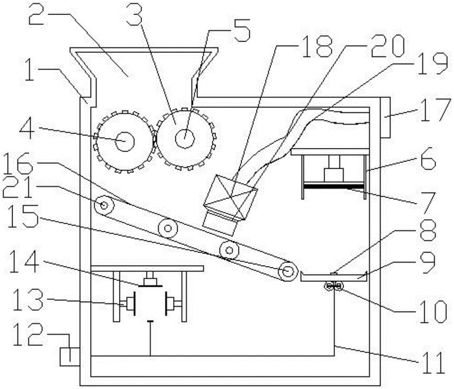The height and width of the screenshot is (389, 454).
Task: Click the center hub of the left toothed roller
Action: pyautogui.click(x=125, y=141)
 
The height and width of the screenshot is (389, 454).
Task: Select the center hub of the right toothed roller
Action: pyautogui.click(x=185, y=138)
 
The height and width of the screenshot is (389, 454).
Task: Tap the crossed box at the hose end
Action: pyautogui.click(x=231, y=197)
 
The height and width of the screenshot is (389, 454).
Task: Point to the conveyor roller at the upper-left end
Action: pyautogui.click(x=104, y=205)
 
